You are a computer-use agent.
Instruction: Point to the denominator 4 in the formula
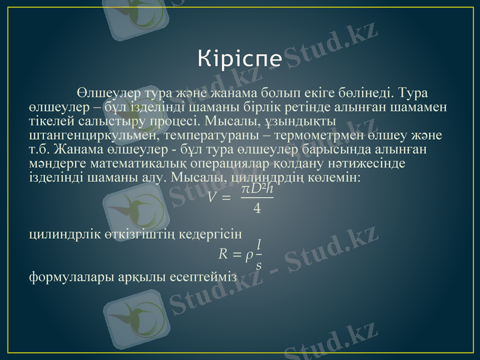click(x=257, y=208)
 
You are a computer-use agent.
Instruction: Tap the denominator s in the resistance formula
click(x=259, y=265)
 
